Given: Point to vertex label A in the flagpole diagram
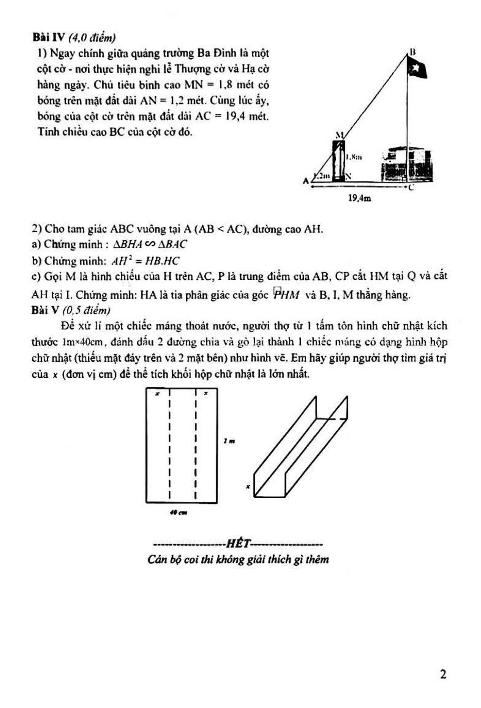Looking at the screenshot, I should click(306, 181).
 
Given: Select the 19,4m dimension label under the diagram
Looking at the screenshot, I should click(359, 199).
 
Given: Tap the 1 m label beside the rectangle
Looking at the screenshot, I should click(229, 441).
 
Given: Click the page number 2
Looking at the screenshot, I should click(443, 674).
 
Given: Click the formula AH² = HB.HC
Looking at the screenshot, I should click(145, 261).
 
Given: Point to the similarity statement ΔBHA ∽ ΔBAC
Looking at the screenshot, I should click(150, 244).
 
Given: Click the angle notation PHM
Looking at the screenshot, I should click(286, 295).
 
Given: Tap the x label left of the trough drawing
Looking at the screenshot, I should click(247, 486).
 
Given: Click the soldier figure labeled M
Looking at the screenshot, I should click(338, 160).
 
